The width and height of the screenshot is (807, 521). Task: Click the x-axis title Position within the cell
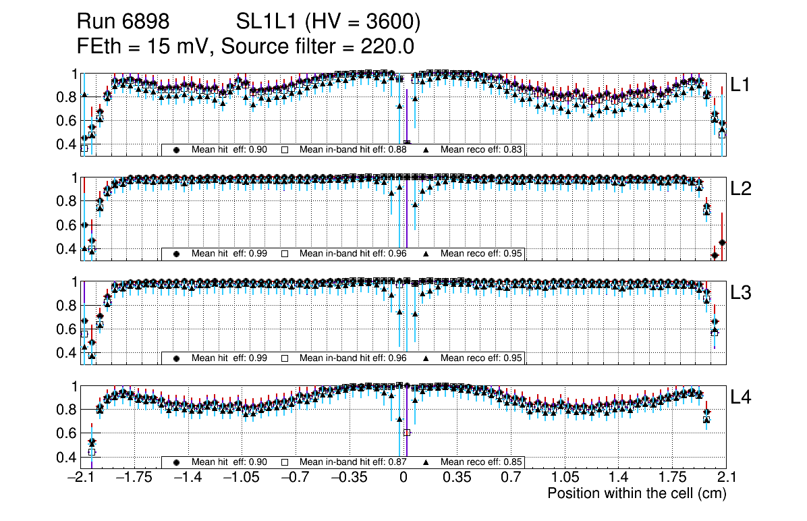pyautogui.click(x=636, y=493)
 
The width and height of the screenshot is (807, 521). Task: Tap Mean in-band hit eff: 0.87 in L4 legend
pyautogui.click(x=353, y=462)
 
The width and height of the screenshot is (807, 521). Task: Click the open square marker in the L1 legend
pyautogui.click(x=285, y=149)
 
